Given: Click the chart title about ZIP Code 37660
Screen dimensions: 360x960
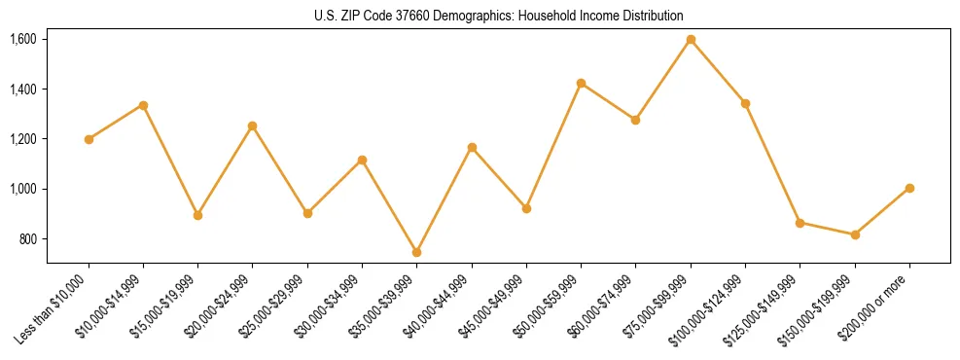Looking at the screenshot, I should pyautogui.click(x=499, y=16).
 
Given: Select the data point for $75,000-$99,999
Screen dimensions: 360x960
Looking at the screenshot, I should pyautogui.click(x=691, y=40).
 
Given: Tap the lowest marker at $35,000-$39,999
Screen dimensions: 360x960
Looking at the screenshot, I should pyautogui.click(x=416, y=252).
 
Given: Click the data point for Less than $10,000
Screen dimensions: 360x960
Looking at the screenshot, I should pyautogui.click(x=89, y=139).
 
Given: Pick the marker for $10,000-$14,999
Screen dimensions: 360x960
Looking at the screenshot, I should pyautogui.click(x=143, y=105).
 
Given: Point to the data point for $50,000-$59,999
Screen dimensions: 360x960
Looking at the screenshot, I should pyautogui.click(x=581, y=83).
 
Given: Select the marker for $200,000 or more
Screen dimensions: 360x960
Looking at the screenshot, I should pyautogui.click(x=909, y=188).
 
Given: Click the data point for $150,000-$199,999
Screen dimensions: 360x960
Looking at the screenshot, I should pyautogui.click(x=855, y=234).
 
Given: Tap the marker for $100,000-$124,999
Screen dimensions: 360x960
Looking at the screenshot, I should pyautogui.click(x=745, y=103).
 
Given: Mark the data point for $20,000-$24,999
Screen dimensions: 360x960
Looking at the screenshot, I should pyautogui.click(x=252, y=126).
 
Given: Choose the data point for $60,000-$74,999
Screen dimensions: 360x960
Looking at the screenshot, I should pyautogui.click(x=635, y=120).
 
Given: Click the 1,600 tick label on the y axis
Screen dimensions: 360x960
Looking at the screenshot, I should pyautogui.click(x=23, y=40).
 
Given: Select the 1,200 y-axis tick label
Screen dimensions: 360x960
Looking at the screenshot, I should pyautogui.click(x=23, y=139).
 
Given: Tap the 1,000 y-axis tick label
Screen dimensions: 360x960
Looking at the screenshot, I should pyautogui.click(x=23, y=189).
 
